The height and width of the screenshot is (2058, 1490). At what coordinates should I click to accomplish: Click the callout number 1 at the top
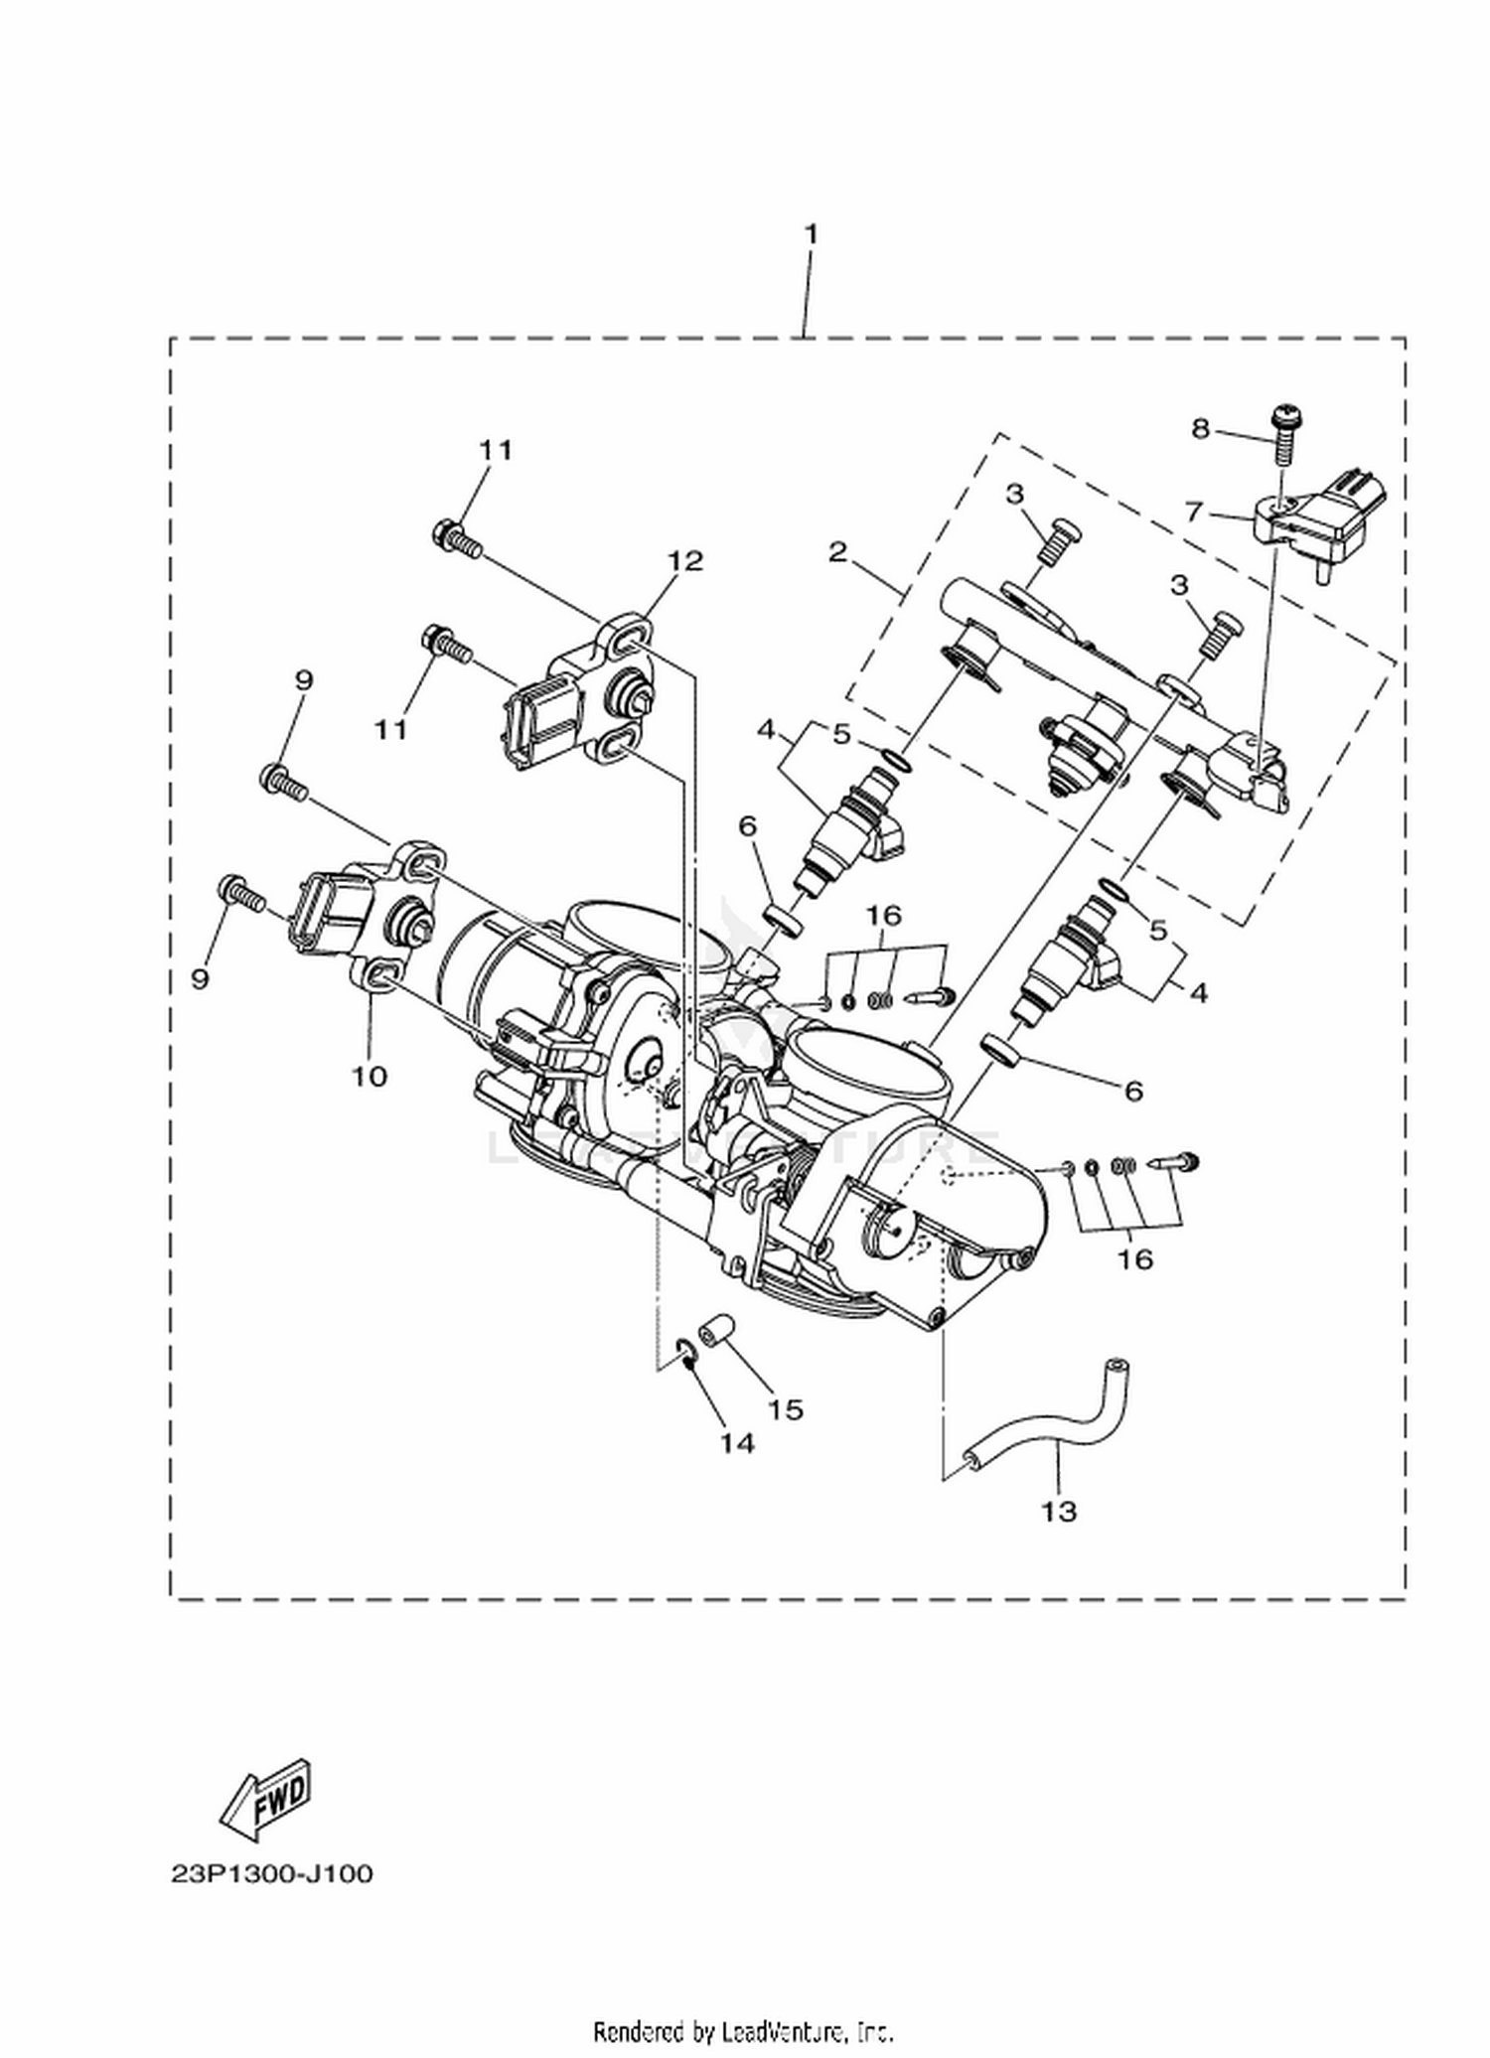[x=811, y=235]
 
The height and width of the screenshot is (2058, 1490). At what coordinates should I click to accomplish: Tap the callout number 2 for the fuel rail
[x=838, y=551]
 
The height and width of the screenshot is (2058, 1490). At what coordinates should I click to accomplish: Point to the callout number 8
[x=1201, y=428]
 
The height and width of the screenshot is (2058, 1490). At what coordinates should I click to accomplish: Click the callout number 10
[x=370, y=1076]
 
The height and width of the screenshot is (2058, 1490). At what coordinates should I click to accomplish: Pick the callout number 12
[x=684, y=561]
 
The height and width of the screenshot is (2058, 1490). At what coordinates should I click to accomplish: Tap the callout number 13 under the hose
[x=1059, y=1511]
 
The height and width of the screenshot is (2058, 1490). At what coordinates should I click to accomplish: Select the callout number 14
[x=737, y=1442]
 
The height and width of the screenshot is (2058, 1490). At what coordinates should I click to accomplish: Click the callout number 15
[x=785, y=1408]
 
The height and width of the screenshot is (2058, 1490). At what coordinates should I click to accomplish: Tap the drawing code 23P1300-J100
[x=271, y=1874]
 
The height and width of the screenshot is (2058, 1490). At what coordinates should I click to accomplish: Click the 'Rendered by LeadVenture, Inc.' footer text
[x=744, y=2029]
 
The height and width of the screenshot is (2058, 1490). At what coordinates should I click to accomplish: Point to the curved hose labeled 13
[x=1052, y=1423]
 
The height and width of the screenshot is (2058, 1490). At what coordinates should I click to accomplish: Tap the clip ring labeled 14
[x=683, y=1351]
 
